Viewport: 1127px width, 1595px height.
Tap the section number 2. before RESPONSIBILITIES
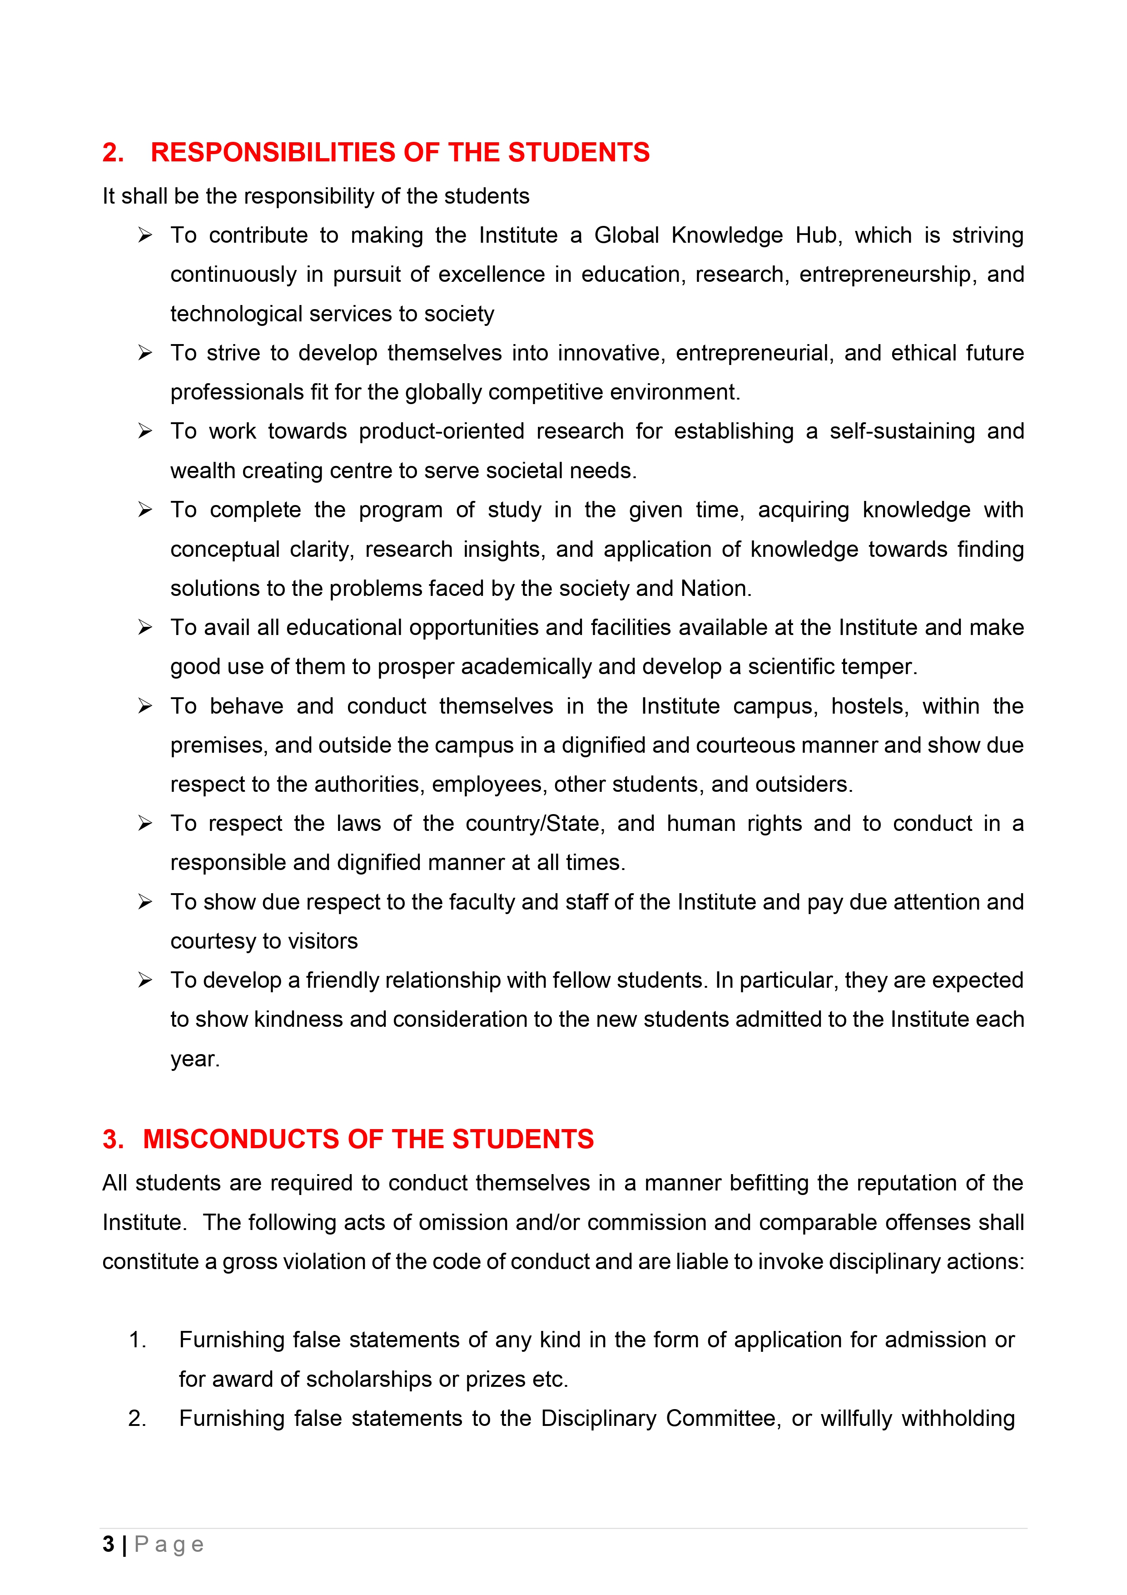[113, 152]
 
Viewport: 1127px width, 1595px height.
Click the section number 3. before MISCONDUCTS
[113, 1139]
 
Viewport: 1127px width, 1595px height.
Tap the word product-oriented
[442, 431]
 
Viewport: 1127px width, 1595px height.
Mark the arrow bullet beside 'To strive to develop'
[144, 353]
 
